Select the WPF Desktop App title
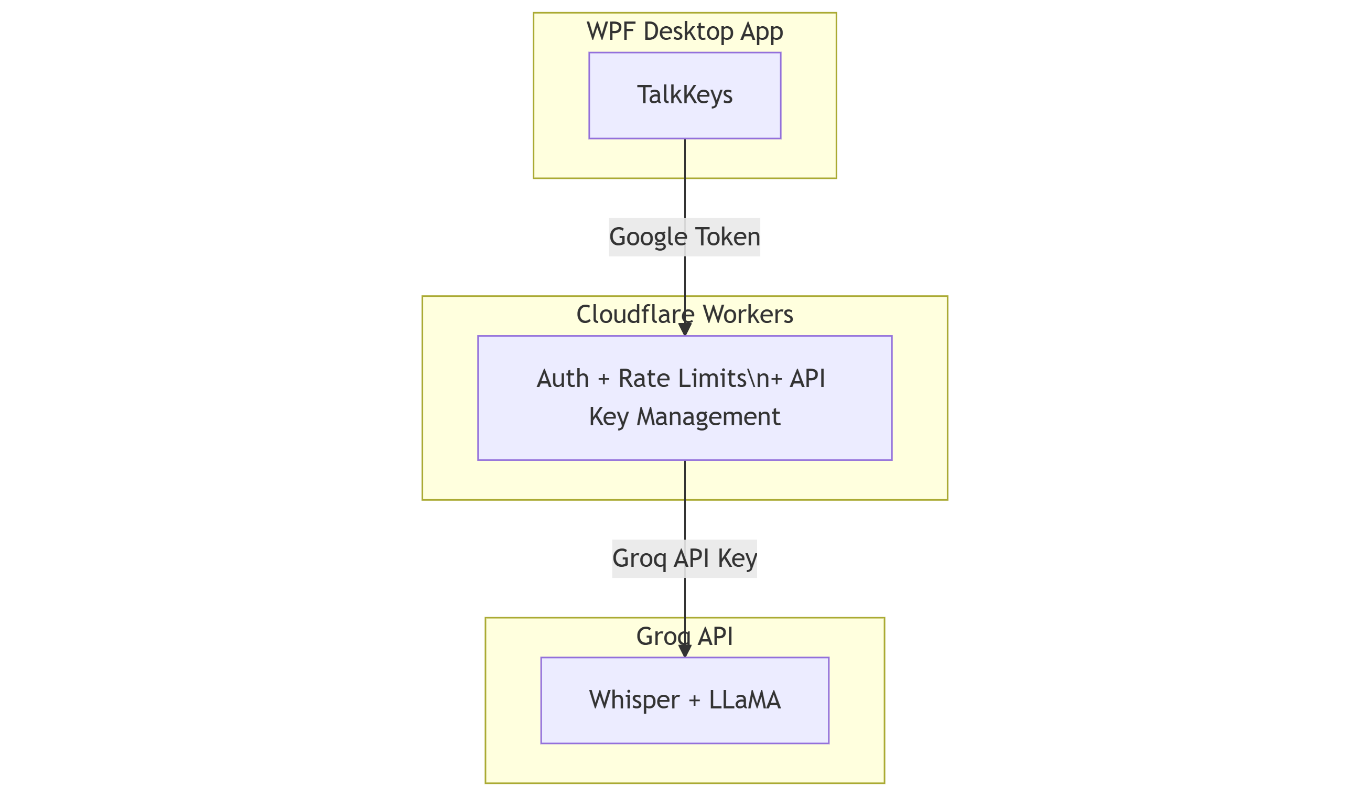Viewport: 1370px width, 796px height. (x=684, y=31)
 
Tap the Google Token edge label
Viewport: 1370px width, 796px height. (x=684, y=237)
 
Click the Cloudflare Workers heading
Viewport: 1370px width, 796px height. (x=684, y=314)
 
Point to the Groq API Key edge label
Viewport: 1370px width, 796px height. (x=684, y=558)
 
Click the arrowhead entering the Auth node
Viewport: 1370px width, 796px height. (x=685, y=329)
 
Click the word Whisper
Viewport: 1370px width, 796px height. (x=634, y=700)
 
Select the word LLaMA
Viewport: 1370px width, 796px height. (x=745, y=700)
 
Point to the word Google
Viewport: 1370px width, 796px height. (x=648, y=237)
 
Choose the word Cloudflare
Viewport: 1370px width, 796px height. (x=635, y=314)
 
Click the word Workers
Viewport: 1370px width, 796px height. (x=748, y=314)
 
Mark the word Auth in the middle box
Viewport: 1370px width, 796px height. (x=562, y=379)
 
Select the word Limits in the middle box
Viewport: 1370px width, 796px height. (x=712, y=379)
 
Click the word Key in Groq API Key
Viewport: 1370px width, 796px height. (x=737, y=558)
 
